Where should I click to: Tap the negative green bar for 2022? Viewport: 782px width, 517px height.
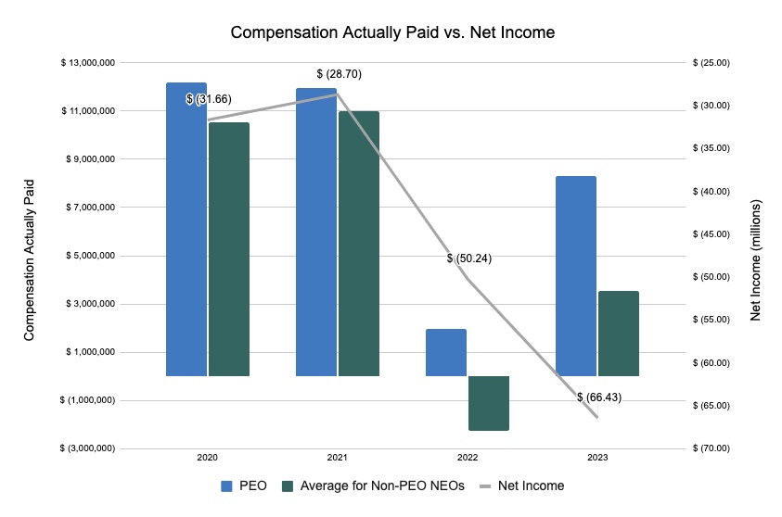[489, 403]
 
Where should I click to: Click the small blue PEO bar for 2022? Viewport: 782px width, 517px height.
[446, 352]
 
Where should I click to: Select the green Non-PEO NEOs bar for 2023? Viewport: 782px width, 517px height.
[619, 334]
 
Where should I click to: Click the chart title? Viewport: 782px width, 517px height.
[391, 33]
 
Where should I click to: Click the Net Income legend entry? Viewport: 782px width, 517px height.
[524, 485]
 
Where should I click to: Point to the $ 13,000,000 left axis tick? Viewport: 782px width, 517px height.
[88, 63]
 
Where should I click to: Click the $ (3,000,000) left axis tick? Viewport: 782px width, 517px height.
[88, 448]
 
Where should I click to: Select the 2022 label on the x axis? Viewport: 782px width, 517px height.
[467, 459]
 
